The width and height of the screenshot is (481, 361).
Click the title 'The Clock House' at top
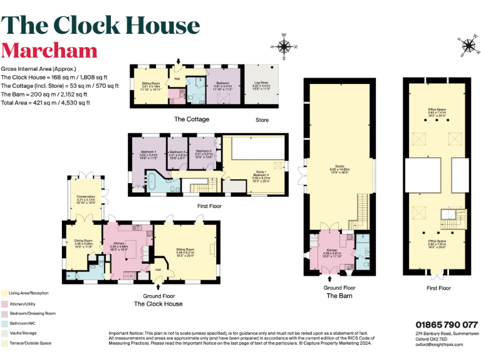coord(101,25)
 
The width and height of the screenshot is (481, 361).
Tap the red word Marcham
coord(49,50)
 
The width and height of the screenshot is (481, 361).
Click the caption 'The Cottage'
coord(191,119)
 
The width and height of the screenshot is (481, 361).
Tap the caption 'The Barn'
coord(342,295)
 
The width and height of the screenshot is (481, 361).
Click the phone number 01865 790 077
coord(447,325)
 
